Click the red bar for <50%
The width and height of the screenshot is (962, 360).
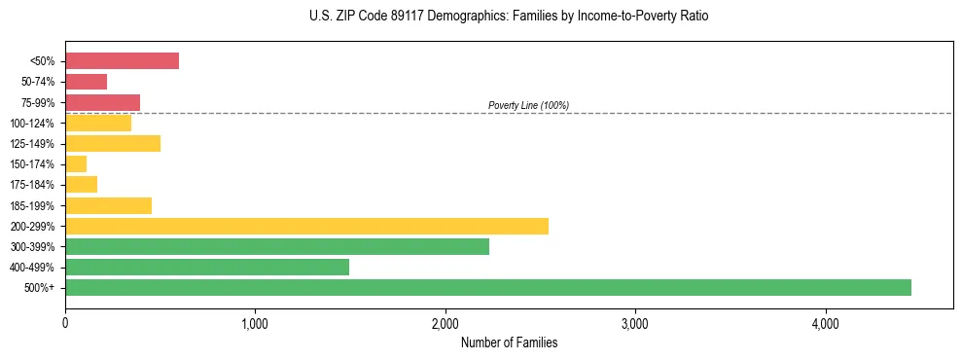click(122, 61)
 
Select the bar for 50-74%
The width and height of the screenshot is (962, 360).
click(86, 82)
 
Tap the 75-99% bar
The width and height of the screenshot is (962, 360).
click(102, 102)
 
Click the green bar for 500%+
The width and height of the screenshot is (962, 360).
click(487, 287)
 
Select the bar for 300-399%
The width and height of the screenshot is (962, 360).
click(277, 247)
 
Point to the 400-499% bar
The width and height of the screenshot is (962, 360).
click(207, 268)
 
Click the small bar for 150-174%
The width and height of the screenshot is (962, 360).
click(76, 164)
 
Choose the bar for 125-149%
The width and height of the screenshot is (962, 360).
click(113, 144)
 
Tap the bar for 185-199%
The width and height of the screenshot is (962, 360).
click(108, 205)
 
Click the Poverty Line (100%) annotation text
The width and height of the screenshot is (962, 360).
click(528, 105)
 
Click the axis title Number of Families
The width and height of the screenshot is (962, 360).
click(509, 342)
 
